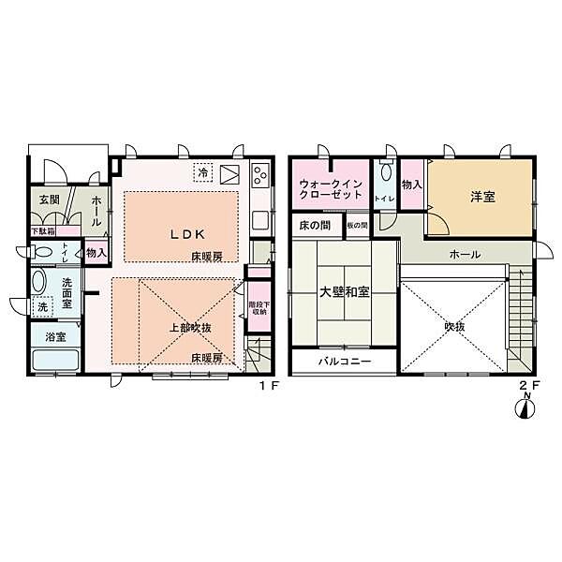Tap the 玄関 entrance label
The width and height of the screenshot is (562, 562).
49,200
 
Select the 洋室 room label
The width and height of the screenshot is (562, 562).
481,197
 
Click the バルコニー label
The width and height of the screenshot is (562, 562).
344,362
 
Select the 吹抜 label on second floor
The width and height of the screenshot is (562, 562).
455,327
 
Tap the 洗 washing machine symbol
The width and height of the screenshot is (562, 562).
43,306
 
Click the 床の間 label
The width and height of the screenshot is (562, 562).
316,226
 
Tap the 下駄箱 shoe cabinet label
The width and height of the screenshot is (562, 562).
42,230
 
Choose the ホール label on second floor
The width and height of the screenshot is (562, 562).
465,254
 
